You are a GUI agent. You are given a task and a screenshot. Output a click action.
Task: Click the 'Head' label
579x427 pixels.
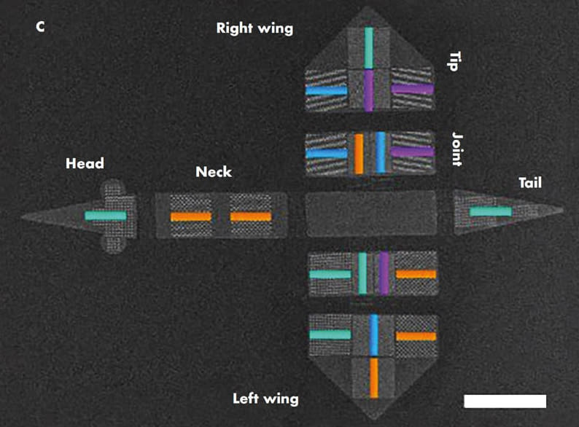(84, 163)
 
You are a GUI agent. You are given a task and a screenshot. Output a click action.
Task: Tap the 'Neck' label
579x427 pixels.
(214, 172)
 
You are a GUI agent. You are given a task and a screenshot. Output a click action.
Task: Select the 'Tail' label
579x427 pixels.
(530, 182)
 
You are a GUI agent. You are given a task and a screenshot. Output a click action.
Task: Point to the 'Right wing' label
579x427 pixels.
(254, 28)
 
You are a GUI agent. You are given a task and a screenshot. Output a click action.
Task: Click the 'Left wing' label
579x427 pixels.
(265, 399)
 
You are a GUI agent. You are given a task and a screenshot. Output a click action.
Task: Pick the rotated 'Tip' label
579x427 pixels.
(452, 60)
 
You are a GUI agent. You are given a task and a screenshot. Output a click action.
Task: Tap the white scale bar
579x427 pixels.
(505, 401)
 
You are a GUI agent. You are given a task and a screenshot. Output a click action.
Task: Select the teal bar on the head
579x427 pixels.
(106, 216)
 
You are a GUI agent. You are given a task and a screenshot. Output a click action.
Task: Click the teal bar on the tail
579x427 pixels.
(490, 211)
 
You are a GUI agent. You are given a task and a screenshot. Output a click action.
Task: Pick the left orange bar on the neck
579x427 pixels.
(191, 216)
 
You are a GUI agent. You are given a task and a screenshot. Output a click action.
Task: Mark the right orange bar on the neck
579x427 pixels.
(251, 216)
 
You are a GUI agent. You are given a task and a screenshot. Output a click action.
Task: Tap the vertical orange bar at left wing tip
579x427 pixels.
(373, 377)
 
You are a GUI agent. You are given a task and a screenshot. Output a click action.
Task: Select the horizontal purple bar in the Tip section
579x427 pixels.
(412, 89)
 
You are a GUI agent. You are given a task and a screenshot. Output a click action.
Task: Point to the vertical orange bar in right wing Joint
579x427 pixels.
(359, 153)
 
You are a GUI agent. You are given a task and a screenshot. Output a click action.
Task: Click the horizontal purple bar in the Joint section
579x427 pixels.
(412, 152)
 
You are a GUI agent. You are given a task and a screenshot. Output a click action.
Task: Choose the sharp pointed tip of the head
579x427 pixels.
(23, 216)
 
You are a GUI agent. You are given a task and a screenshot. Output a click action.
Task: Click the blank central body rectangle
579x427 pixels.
(370, 213)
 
